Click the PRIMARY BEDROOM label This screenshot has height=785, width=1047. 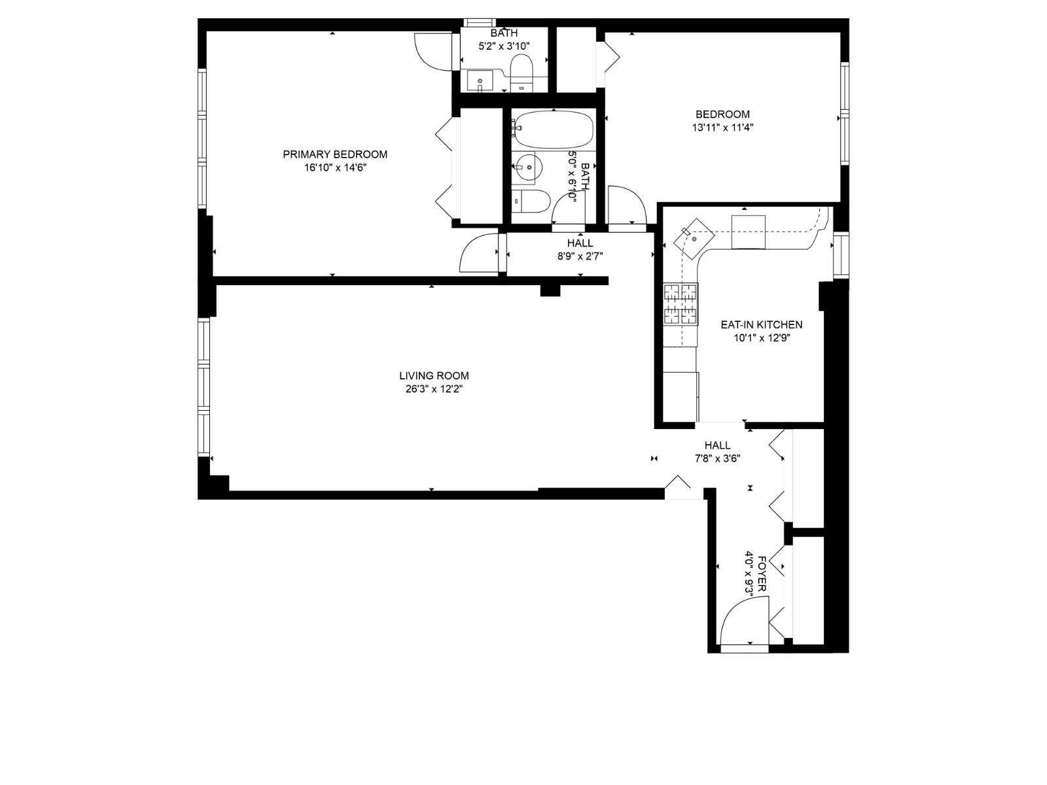334,154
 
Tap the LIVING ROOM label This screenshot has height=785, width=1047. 434,375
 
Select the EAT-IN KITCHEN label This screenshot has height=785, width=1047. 761,324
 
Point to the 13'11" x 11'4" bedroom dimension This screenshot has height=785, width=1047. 722,128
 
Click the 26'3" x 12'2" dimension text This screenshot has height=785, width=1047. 434,389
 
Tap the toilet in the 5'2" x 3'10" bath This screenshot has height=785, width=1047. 522,68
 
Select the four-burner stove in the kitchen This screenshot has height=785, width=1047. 681,304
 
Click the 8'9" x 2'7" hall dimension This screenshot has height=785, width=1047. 580,257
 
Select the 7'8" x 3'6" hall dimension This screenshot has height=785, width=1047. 717,459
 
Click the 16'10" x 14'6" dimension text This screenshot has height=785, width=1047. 334,168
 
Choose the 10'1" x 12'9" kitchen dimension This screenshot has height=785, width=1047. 761,338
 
